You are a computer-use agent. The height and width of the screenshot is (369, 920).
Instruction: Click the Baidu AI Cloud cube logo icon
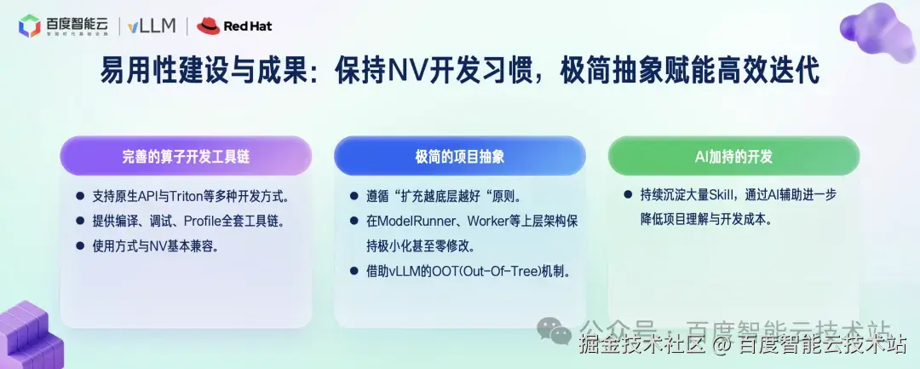pyautogui.click(x=30, y=26)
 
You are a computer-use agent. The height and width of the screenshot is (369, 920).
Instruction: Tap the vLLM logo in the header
pyautogui.click(x=152, y=26)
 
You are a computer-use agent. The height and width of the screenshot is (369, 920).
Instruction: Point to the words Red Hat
pyautogui.click(x=248, y=26)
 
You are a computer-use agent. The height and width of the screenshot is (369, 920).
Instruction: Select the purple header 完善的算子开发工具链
pyautogui.click(x=186, y=156)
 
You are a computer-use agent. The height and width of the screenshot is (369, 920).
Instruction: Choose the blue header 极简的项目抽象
pyautogui.click(x=459, y=156)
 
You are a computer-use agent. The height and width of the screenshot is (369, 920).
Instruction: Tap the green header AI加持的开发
pyautogui.click(x=733, y=156)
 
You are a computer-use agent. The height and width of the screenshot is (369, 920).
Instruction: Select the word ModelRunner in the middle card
pyautogui.click(x=404, y=221)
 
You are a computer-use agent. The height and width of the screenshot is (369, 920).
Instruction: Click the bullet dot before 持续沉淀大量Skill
pyautogui.click(x=628, y=194)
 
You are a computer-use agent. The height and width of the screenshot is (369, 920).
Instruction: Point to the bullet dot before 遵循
pyautogui.click(x=354, y=196)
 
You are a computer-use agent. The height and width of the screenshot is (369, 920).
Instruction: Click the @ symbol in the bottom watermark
pyautogui.click(x=722, y=345)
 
